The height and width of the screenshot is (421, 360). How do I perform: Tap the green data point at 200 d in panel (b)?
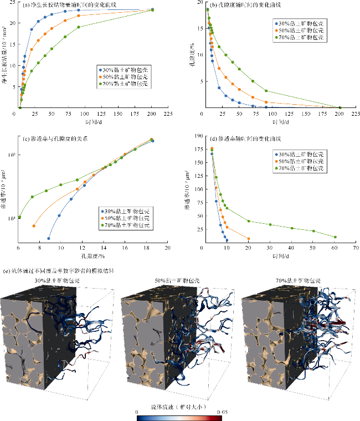tap(340, 108)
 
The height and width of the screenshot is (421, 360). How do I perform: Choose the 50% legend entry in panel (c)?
tap(127, 218)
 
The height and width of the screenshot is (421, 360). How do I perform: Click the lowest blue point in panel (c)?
tap(49, 239)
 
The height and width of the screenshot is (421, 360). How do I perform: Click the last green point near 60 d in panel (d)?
tap(335, 237)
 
